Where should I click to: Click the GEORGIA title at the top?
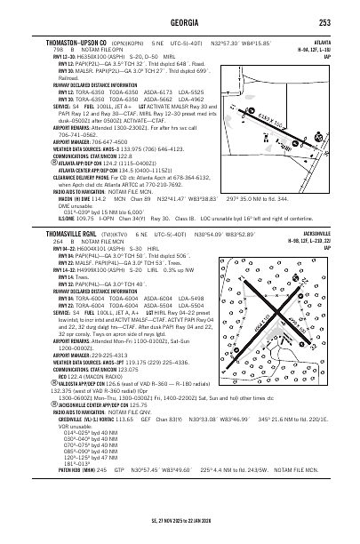[180, 22]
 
